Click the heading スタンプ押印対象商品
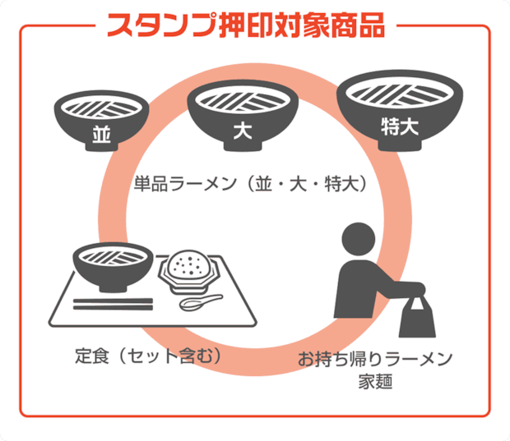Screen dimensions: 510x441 pyautogui.click(x=246, y=25)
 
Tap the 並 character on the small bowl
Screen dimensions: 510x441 pyautogui.click(x=101, y=134)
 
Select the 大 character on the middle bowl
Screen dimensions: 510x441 pyautogui.click(x=243, y=131)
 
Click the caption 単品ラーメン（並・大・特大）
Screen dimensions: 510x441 pyautogui.click(x=250, y=184)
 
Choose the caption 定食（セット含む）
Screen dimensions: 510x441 pyautogui.click(x=148, y=356)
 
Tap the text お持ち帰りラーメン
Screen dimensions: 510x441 pyautogui.click(x=375, y=359)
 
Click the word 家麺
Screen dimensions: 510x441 pyautogui.click(x=375, y=381)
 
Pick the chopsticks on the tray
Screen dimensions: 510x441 pyautogui.click(x=113, y=304)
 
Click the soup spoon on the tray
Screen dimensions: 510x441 pyautogui.click(x=201, y=301)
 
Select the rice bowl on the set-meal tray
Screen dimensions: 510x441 pyautogui.click(x=188, y=271)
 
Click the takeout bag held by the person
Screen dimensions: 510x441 pyautogui.click(x=417, y=318)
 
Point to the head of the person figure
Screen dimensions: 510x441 pyautogui.click(x=359, y=239)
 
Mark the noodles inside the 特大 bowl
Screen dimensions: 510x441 pyautogui.click(x=400, y=93)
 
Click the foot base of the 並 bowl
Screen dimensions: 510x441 pyautogui.click(x=101, y=147)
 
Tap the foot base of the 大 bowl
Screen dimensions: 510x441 pyautogui.click(x=243, y=146)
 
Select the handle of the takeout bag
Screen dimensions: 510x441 pyautogui.click(x=417, y=302)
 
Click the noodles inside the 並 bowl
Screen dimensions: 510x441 pyautogui.click(x=101, y=108)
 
